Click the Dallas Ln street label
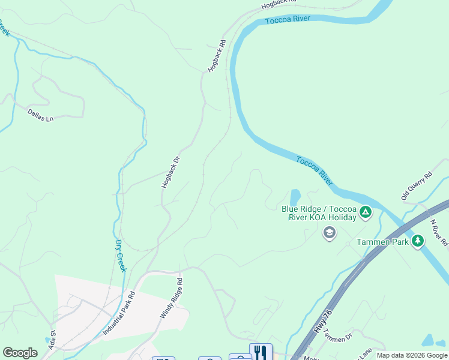coord(40,115)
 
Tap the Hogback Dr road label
coord(170,173)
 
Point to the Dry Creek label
coord(121,256)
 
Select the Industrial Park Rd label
coord(119,313)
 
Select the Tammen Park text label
coord(382,241)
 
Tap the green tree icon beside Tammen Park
coord(418,241)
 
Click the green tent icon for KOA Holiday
coord(365,212)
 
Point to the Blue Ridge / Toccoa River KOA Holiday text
coord(319,213)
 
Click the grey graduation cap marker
coord(329,233)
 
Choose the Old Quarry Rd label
coord(417,187)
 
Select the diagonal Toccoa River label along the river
coord(315,170)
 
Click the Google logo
coord(20,353)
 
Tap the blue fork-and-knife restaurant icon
coord(261,352)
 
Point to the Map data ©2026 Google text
coord(412,355)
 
